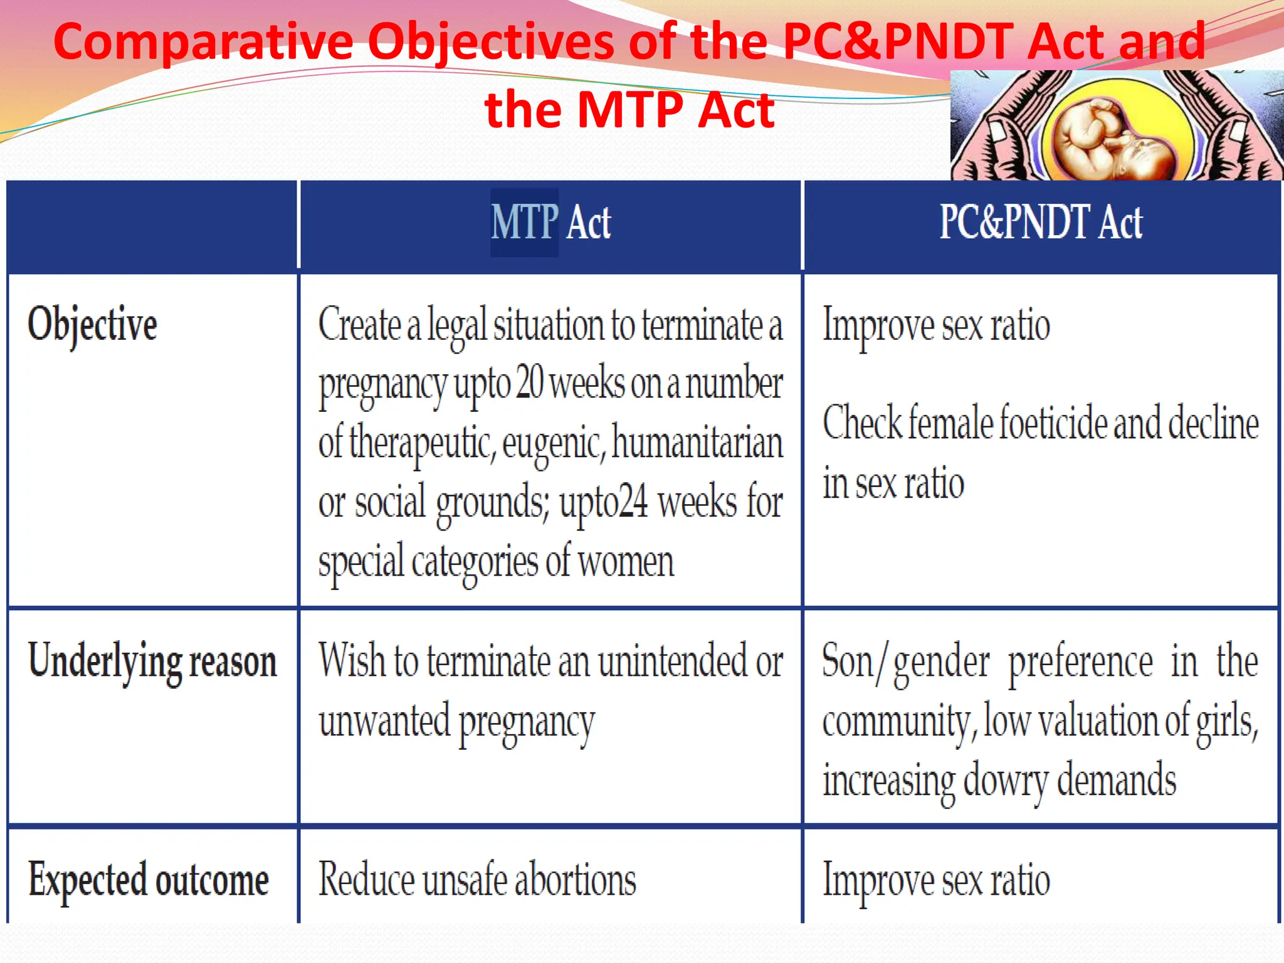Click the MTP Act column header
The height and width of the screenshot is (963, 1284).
pyautogui.click(x=550, y=223)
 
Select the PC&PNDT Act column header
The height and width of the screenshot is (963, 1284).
pyautogui.click(x=1041, y=223)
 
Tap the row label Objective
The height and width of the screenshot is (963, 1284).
pyautogui.click(x=92, y=325)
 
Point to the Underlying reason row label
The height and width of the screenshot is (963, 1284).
pyautogui.click(x=152, y=662)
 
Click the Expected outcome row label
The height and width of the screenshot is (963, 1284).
pyautogui.click(x=149, y=880)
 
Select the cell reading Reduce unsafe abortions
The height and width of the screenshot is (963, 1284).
pyautogui.click(x=477, y=880)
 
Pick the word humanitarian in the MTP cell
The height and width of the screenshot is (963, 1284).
pyautogui.click(x=697, y=443)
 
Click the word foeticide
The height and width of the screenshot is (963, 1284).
pyautogui.click(x=1054, y=423)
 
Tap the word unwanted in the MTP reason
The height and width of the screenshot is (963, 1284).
pyautogui.click(x=384, y=722)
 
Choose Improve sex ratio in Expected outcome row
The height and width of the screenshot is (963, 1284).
pyautogui.click(x=936, y=880)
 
